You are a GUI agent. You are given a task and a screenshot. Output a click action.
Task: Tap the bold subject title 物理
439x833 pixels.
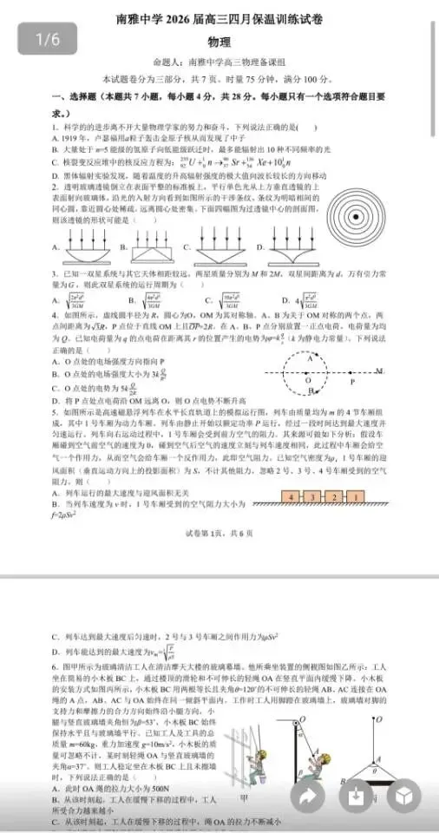[x=219, y=43]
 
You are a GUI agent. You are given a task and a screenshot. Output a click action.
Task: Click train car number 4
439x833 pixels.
[x=295, y=497]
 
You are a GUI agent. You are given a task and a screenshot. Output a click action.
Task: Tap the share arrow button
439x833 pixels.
[x=309, y=796]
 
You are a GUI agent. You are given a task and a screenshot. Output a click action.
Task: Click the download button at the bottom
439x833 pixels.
[x=356, y=796]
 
